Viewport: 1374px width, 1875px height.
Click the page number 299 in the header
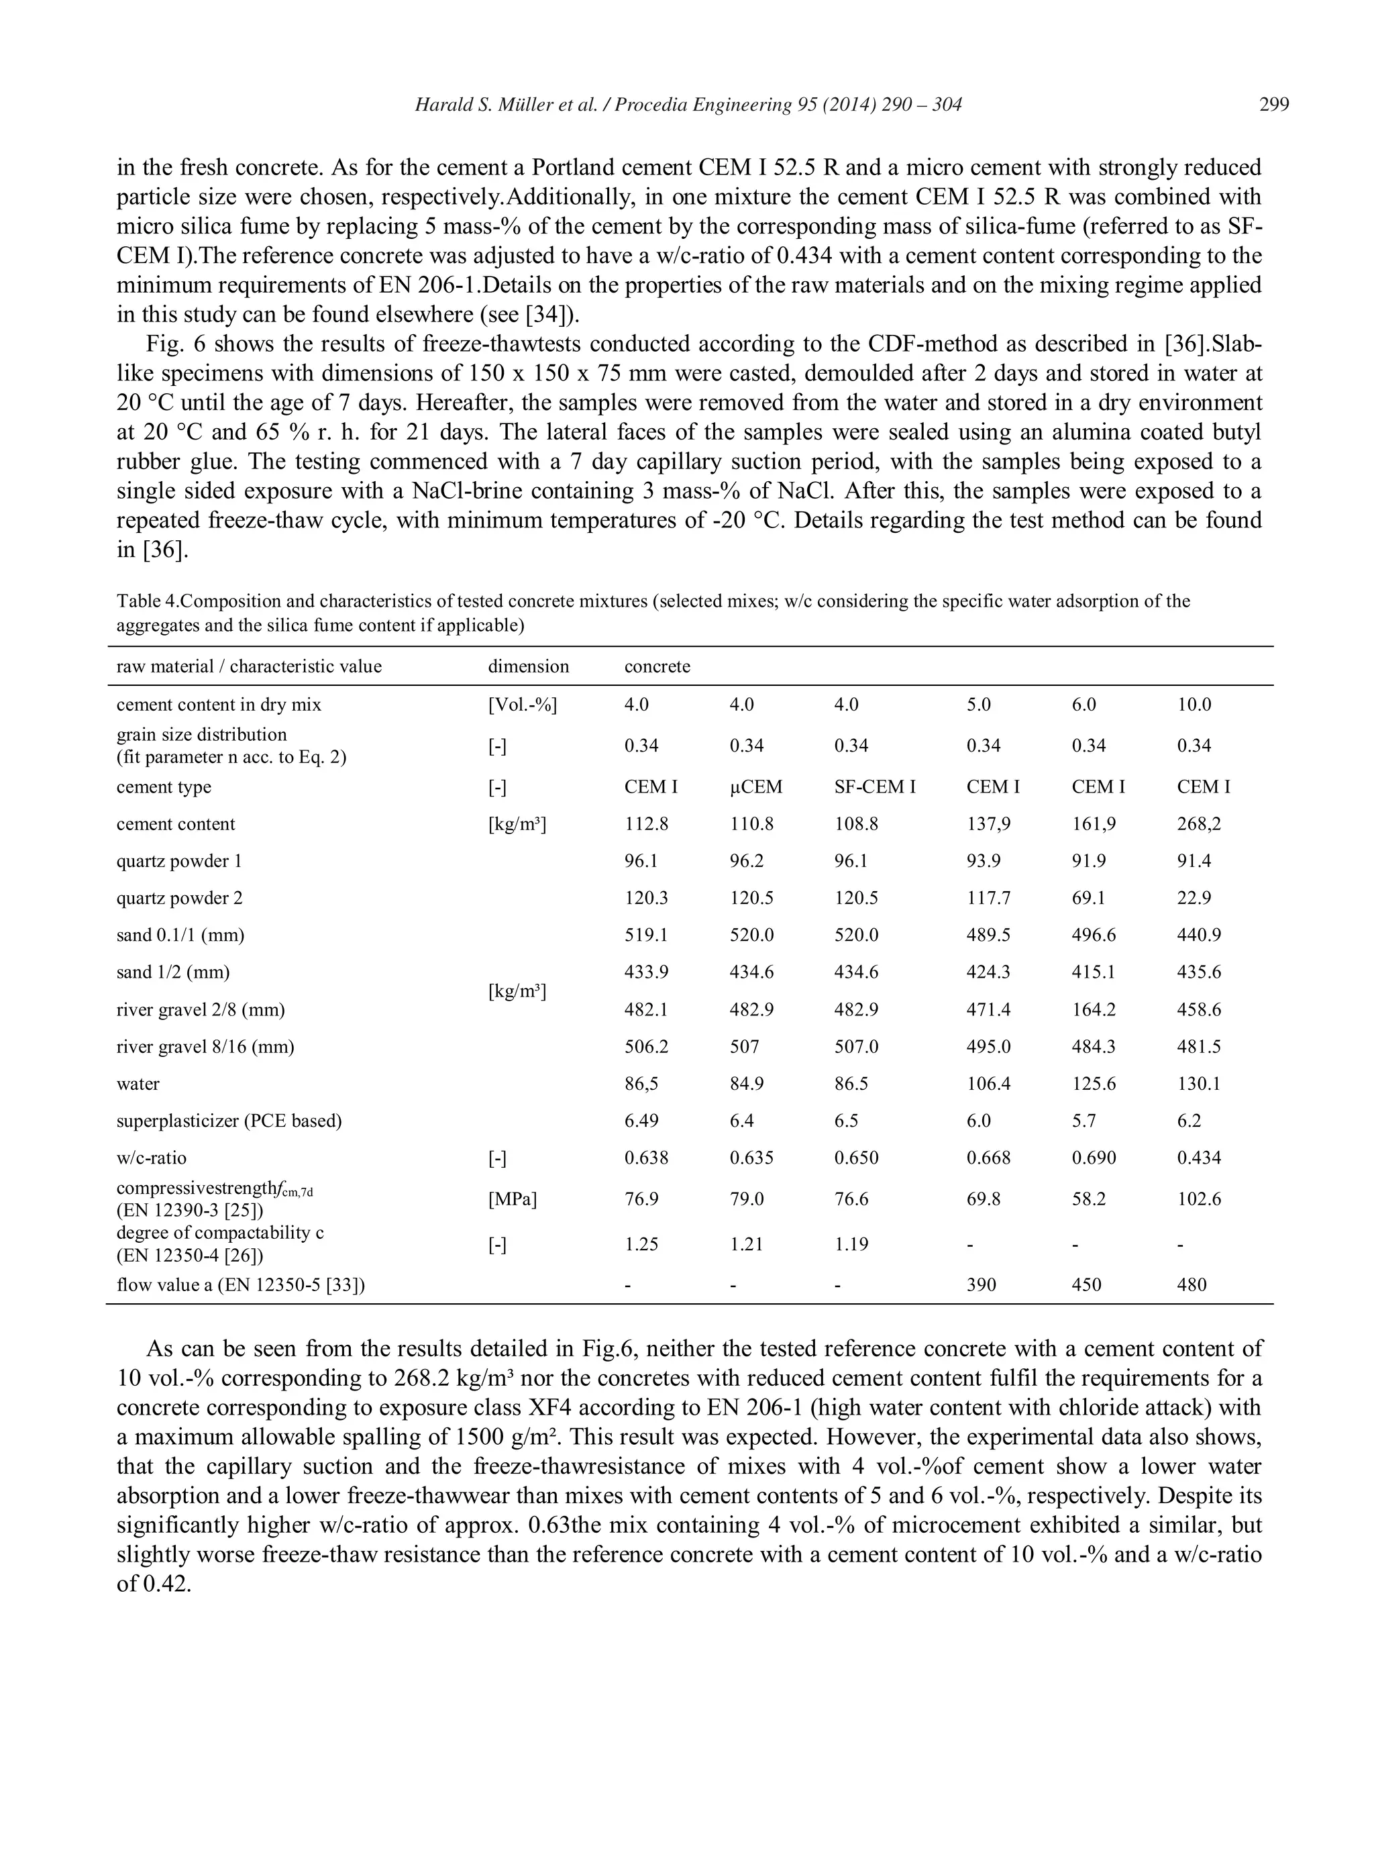click(1273, 105)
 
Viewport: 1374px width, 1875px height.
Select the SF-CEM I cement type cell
click(874, 787)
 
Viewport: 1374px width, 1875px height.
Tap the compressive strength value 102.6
click(1198, 1199)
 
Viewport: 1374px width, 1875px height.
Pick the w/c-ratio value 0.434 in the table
click(1198, 1157)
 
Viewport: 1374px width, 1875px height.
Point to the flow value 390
click(981, 1284)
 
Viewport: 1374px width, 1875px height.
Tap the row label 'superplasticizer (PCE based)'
click(229, 1121)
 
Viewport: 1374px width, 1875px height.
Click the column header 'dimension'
click(528, 666)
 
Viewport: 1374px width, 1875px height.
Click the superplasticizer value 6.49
click(641, 1121)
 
